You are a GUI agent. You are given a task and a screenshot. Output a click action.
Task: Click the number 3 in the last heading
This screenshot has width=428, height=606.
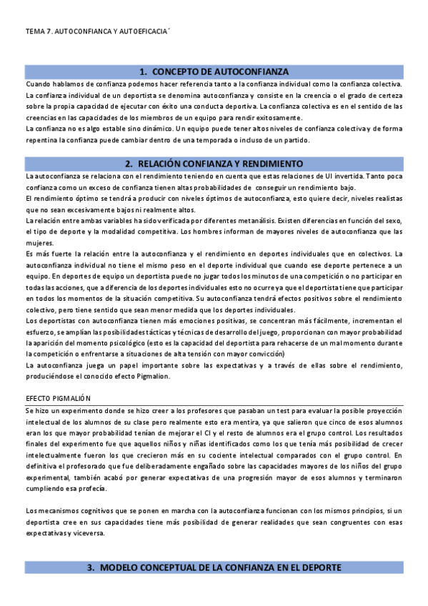point(91,567)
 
